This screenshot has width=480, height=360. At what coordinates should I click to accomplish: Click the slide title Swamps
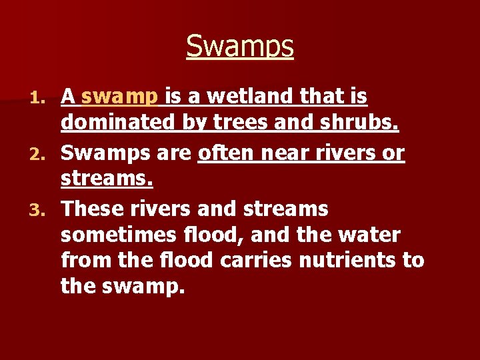point(240,46)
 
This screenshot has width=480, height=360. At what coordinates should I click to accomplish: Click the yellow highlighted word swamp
point(119,97)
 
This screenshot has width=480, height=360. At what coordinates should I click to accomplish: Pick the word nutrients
point(343,260)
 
